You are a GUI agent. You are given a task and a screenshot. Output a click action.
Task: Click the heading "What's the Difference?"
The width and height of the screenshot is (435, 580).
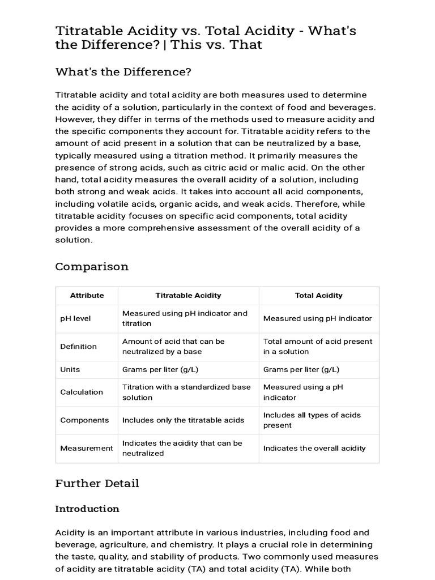point(123,72)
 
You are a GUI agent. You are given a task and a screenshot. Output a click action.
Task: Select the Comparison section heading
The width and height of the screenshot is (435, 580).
point(92,266)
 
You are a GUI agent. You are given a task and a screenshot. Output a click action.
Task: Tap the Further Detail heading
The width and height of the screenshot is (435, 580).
point(97,483)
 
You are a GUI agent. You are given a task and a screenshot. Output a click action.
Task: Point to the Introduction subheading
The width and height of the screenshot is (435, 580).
point(87,509)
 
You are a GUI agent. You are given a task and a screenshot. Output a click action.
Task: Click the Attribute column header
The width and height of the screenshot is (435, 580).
point(87,295)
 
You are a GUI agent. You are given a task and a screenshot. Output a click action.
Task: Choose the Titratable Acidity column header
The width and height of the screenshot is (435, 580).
point(188,295)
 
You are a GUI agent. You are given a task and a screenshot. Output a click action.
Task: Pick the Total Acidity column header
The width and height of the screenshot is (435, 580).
point(318,295)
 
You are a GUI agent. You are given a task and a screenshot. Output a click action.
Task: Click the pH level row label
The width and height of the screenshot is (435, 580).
point(75,318)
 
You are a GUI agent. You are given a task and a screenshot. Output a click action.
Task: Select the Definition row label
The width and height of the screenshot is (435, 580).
point(78,346)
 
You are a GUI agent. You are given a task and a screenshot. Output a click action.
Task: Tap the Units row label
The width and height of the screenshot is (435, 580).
point(70,369)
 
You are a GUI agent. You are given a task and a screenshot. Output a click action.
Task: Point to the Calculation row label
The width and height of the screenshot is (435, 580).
point(82,392)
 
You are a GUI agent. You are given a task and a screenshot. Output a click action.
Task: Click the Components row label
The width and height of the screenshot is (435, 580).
point(84,420)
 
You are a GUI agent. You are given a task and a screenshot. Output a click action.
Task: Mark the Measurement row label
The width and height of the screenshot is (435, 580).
point(87,448)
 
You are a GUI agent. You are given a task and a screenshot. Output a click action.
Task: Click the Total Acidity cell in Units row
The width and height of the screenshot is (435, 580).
point(301,369)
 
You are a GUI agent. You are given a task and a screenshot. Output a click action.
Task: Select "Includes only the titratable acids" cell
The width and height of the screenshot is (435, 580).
point(184,420)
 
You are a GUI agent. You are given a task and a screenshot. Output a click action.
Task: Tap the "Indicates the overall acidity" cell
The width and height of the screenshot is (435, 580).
point(314,448)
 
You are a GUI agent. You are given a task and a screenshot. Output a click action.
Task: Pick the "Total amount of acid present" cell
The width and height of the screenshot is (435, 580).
point(318,346)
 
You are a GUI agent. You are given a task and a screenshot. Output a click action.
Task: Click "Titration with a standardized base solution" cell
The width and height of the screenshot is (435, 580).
point(186,392)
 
